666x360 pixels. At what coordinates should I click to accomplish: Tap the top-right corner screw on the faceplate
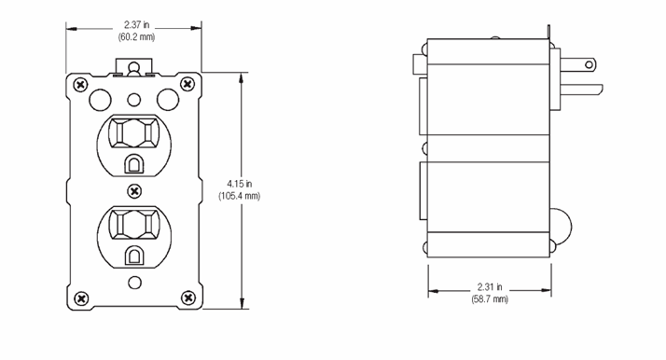click(x=187, y=84)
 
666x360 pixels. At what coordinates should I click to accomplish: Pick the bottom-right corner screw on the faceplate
click(x=187, y=298)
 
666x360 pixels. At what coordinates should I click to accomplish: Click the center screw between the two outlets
click(x=134, y=191)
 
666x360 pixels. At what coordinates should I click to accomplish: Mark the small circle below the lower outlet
click(x=134, y=281)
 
